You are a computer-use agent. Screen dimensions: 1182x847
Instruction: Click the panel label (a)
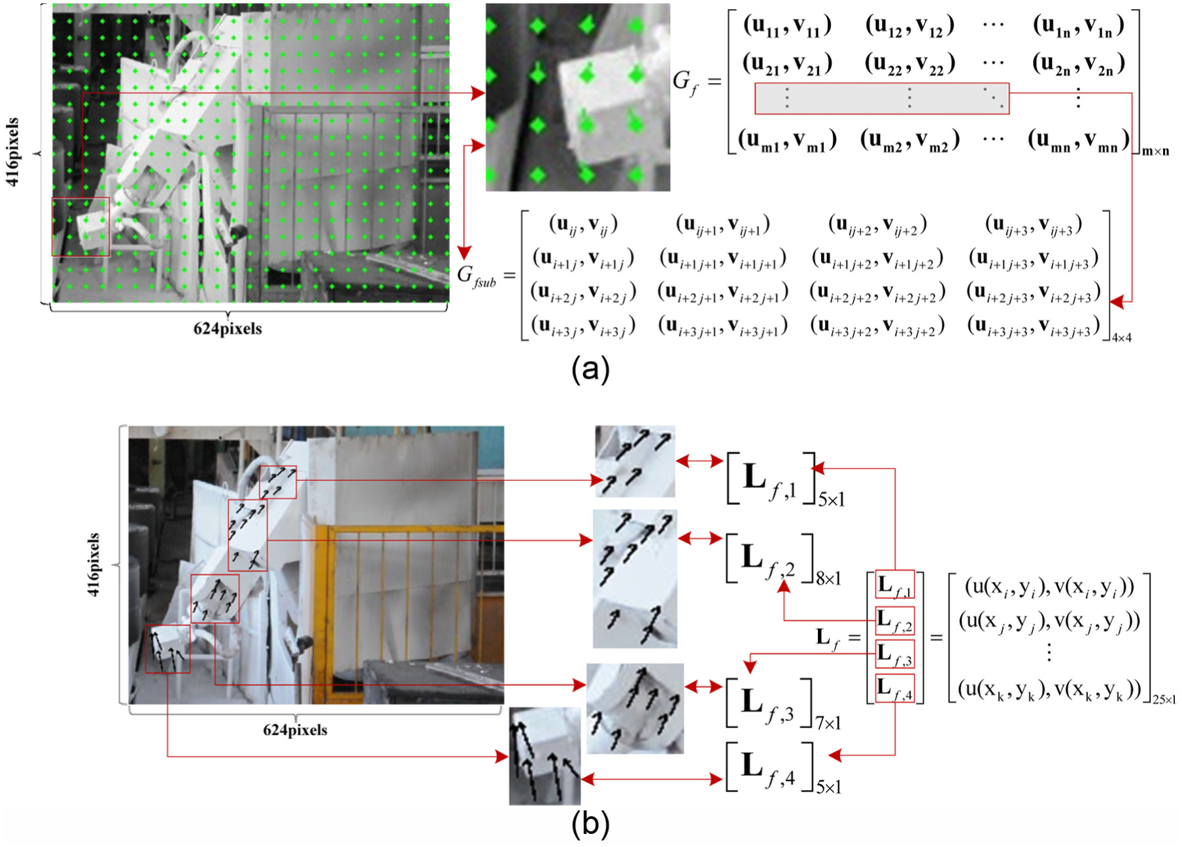(590, 370)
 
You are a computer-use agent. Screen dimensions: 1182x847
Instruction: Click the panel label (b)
(590, 824)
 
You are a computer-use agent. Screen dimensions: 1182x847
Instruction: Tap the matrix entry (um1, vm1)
(787, 140)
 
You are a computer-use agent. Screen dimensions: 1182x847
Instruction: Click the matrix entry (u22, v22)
(909, 64)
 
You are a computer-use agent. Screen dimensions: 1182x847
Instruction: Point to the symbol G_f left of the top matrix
(685, 83)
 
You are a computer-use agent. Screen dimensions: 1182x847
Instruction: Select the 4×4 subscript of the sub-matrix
(1121, 338)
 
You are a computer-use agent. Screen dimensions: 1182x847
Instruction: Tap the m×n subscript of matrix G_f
(1155, 152)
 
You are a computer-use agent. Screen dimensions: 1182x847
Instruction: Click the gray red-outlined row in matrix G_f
(882, 99)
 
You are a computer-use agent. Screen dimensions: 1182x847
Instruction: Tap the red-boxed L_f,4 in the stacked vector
(895, 687)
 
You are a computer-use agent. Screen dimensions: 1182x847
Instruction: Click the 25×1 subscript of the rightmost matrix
(1164, 700)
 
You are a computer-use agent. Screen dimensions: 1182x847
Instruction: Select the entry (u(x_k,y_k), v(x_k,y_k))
(1049, 689)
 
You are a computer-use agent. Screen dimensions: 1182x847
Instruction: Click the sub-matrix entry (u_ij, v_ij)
(583, 224)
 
